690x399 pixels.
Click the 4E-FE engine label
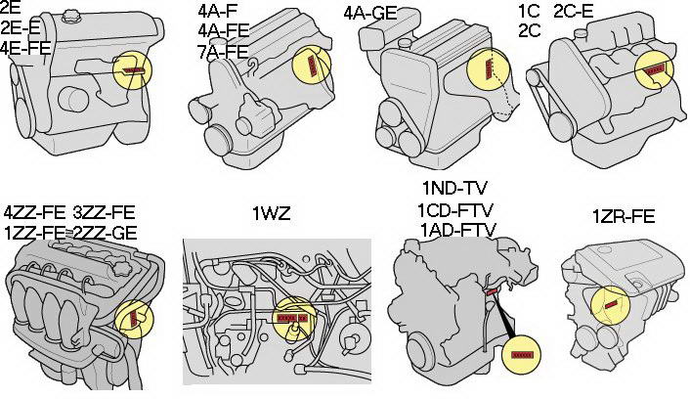point(25,48)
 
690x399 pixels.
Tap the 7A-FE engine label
point(223,52)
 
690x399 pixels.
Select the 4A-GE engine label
point(370,13)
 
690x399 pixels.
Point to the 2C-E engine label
point(574,11)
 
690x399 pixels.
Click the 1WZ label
point(272,214)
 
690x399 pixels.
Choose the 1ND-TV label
point(454,189)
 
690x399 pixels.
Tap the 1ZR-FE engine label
point(624,217)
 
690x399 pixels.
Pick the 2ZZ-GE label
point(105,233)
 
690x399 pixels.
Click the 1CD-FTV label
point(455,209)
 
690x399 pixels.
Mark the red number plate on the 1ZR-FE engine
point(610,305)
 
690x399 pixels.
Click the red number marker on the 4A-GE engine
point(488,69)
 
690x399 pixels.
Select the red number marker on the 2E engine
point(133,70)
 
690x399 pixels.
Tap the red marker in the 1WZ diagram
point(291,318)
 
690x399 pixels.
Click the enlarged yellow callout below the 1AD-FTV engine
point(522,354)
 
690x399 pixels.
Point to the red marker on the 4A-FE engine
point(313,66)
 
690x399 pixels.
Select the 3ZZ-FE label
point(103,212)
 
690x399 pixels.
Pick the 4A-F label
point(214,10)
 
